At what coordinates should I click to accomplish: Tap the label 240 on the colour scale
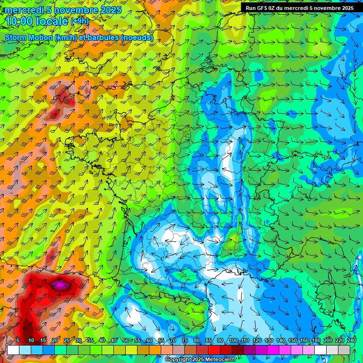tap(351, 340)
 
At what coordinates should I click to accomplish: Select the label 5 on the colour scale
tap(18, 340)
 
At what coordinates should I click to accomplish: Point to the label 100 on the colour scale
tap(233, 340)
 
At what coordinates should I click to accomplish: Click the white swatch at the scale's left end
tap(13, 350)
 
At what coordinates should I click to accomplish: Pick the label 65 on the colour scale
tap(161, 340)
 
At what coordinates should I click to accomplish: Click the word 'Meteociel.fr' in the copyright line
tap(220, 360)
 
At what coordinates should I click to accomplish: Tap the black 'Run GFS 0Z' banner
tap(300, 8)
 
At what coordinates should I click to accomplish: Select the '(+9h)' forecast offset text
tap(79, 21)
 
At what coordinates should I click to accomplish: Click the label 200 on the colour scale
tap(328, 340)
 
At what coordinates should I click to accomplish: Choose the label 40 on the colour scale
tap(102, 340)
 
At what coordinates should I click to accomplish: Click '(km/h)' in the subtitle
tap(66, 37)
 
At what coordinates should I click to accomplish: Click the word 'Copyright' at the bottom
tap(179, 360)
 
